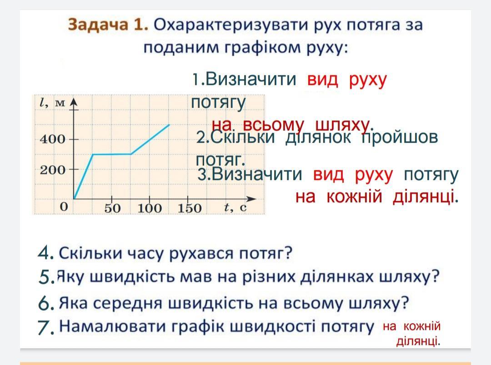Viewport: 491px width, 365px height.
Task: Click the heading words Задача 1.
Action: pos(108,25)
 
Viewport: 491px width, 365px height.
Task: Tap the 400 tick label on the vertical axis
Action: pos(53,139)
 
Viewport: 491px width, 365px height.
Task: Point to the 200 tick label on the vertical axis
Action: pos(53,170)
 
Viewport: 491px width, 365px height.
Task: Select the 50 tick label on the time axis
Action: pos(112,208)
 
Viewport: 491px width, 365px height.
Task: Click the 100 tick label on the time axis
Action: pos(150,208)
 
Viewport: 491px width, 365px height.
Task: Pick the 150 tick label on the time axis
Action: pos(190,208)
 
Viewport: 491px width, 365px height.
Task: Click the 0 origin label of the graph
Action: pos(64,207)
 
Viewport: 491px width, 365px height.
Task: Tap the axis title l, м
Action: pos(53,103)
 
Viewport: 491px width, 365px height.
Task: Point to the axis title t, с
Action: pos(235,208)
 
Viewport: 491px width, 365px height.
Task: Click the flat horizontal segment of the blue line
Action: pos(112,154)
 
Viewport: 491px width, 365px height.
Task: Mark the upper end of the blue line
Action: pos(169,125)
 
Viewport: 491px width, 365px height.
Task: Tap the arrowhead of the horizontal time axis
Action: pos(251,199)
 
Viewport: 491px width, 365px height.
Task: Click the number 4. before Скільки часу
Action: pos(46,253)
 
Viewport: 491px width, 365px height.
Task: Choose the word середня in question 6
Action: pos(131,303)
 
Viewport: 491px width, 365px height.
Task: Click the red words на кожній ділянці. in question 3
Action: pos(377,197)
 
